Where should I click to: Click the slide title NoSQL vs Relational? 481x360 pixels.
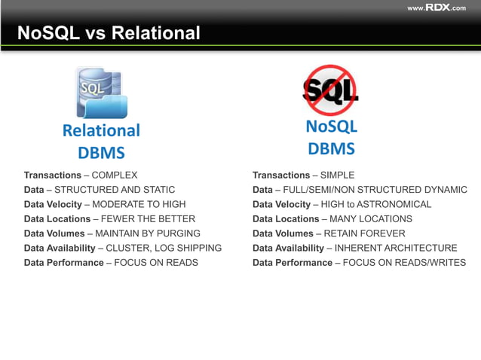pos(109,33)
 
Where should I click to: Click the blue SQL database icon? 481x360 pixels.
pos(101,92)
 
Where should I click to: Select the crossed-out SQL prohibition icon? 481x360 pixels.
pos(329,90)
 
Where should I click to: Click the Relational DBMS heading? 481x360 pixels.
pos(101,142)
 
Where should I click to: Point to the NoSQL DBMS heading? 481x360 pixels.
pos(331,138)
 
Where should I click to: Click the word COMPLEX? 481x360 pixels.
pos(115,175)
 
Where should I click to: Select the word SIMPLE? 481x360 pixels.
pos(337,175)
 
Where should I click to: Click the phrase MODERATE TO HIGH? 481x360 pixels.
pos(139,204)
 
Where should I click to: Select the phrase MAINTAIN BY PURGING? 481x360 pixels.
pos(148,233)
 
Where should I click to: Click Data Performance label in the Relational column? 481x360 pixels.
pos(64,263)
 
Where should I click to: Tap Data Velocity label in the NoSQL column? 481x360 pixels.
pos(282,204)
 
